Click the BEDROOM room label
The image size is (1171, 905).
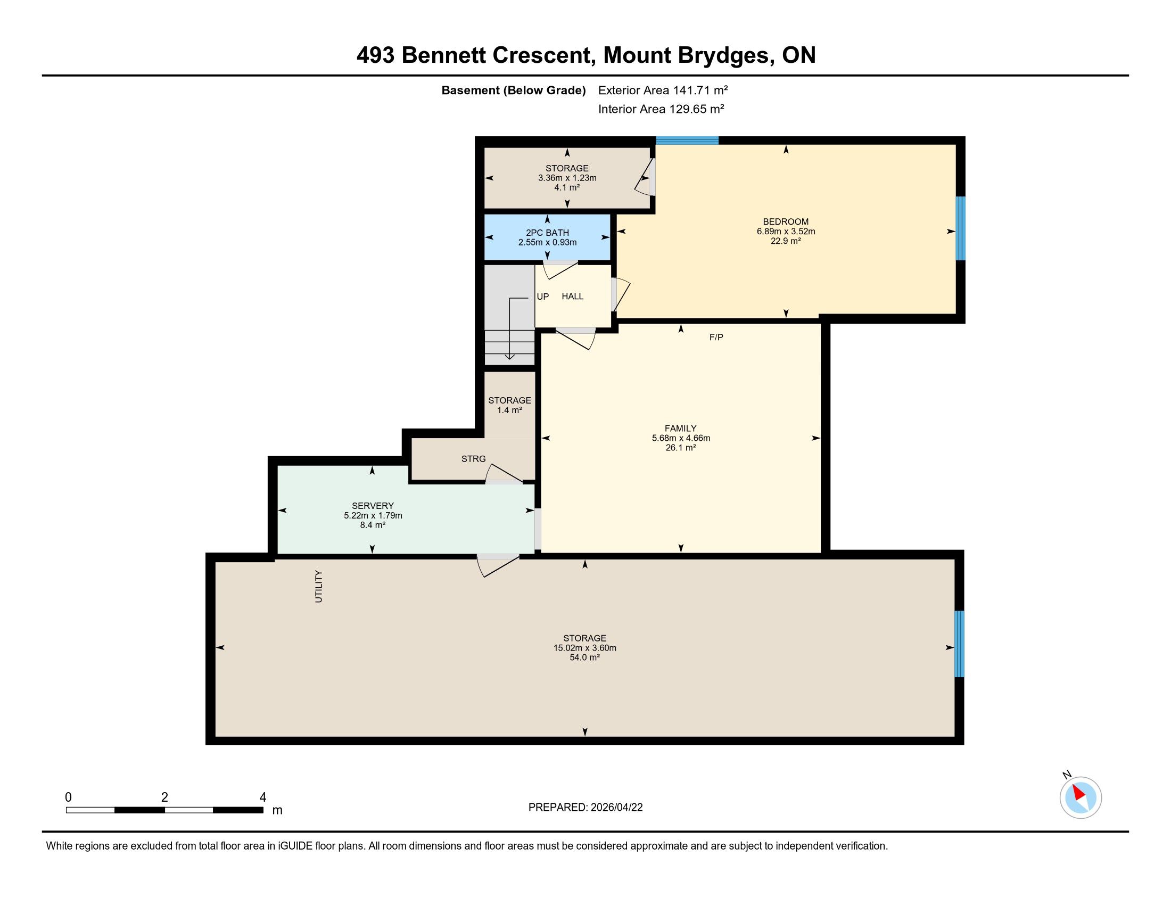pyautogui.click(x=786, y=221)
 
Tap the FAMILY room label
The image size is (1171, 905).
pyautogui.click(x=680, y=429)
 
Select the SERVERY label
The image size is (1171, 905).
pyautogui.click(x=373, y=506)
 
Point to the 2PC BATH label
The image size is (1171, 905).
pyautogui.click(x=547, y=233)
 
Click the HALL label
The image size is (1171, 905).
pyautogui.click(x=572, y=297)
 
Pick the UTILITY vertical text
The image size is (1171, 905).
pyautogui.click(x=319, y=587)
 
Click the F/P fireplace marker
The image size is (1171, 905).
pyautogui.click(x=716, y=337)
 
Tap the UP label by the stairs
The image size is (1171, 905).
pyautogui.click(x=542, y=297)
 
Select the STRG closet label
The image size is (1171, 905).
pyautogui.click(x=473, y=459)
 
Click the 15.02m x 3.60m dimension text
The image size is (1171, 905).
pyautogui.click(x=584, y=648)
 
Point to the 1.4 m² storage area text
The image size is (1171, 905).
pyautogui.click(x=509, y=410)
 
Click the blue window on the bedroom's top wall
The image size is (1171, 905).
pyautogui.click(x=687, y=141)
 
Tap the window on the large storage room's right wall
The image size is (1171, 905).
pyautogui.click(x=959, y=644)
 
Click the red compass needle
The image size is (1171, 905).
pyautogui.click(x=1079, y=793)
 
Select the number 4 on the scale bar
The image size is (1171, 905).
pyautogui.click(x=263, y=797)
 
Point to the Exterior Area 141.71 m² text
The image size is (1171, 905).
pyautogui.click(x=663, y=90)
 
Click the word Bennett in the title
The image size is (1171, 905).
pyautogui.click(x=443, y=55)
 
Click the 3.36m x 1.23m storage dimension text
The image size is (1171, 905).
pyautogui.click(x=567, y=178)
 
